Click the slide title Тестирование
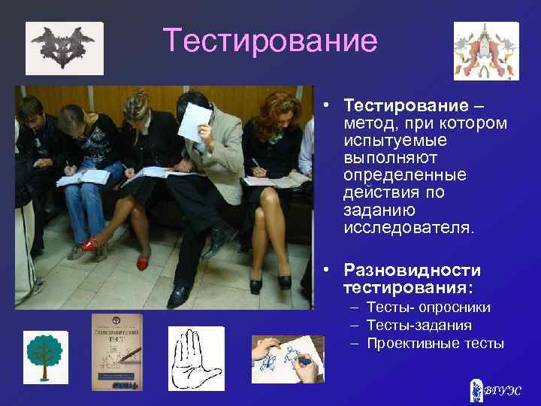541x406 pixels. click(270, 41)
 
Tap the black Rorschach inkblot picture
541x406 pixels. click(64, 47)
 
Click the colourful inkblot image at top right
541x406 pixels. click(485, 50)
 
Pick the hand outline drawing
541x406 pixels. click(195, 359)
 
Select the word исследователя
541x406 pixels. click(409, 227)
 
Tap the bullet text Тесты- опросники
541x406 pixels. click(429, 308)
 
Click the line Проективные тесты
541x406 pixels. click(436, 344)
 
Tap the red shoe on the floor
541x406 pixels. click(144, 262)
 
